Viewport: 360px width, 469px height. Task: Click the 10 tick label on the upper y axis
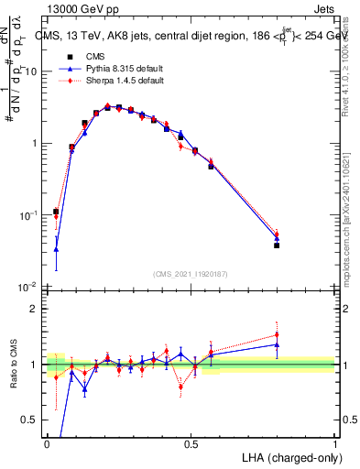32,71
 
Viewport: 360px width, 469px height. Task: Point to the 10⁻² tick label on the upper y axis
30,287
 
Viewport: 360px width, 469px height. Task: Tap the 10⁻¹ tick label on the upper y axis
30,215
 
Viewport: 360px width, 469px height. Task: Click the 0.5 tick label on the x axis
191,443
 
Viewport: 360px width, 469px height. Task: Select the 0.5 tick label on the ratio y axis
33,420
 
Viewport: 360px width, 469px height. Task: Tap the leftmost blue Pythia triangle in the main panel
56,249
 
